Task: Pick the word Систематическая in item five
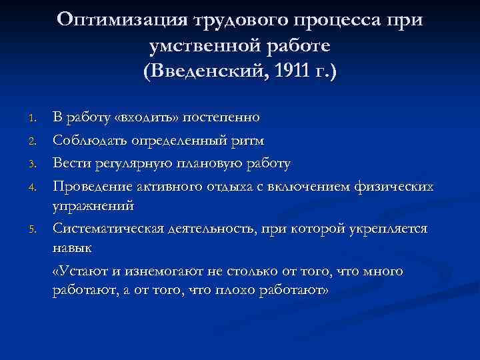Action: click(x=104, y=228)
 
